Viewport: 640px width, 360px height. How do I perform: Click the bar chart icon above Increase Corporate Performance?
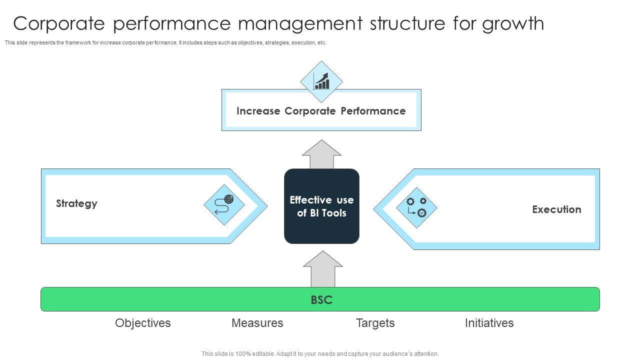(321, 81)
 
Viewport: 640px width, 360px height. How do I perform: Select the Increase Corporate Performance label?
(321, 111)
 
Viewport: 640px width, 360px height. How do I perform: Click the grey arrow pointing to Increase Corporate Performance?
(321, 154)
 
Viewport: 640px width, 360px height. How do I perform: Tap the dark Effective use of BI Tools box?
(321, 206)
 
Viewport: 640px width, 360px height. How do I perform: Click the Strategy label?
(76, 203)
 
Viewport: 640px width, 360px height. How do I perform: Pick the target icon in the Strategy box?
(224, 204)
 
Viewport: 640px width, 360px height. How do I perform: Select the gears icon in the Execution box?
(416, 207)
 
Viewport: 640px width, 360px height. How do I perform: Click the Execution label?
(556, 209)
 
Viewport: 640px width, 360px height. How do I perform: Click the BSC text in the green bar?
(321, 300)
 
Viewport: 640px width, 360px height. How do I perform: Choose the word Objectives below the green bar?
(143, 323)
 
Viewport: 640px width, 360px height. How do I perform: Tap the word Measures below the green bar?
(257, 323)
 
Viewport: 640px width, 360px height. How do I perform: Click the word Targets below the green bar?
(375, 323)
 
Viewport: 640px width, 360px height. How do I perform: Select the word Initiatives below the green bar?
(489, 323)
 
